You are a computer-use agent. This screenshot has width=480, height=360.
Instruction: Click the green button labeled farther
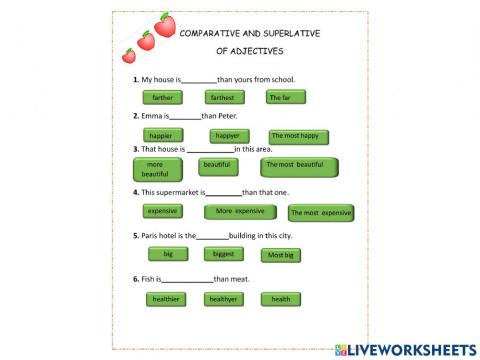pos(162,98)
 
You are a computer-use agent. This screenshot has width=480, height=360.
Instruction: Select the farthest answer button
pos(225,98)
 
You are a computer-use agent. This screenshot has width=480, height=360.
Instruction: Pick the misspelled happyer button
pos(229,135)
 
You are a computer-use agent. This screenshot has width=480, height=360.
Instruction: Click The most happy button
pos(298,136)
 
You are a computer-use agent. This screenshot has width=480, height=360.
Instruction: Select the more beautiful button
pos(157,169)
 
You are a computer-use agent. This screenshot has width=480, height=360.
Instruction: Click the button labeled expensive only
pos(162,212)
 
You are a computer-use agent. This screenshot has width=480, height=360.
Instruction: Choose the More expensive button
pos(240,212)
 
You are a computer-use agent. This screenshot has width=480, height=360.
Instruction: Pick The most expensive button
pos(320,213)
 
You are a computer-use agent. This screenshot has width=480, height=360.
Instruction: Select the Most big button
pos(281,255)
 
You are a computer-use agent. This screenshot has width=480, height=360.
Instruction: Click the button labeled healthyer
pos(225,299)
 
